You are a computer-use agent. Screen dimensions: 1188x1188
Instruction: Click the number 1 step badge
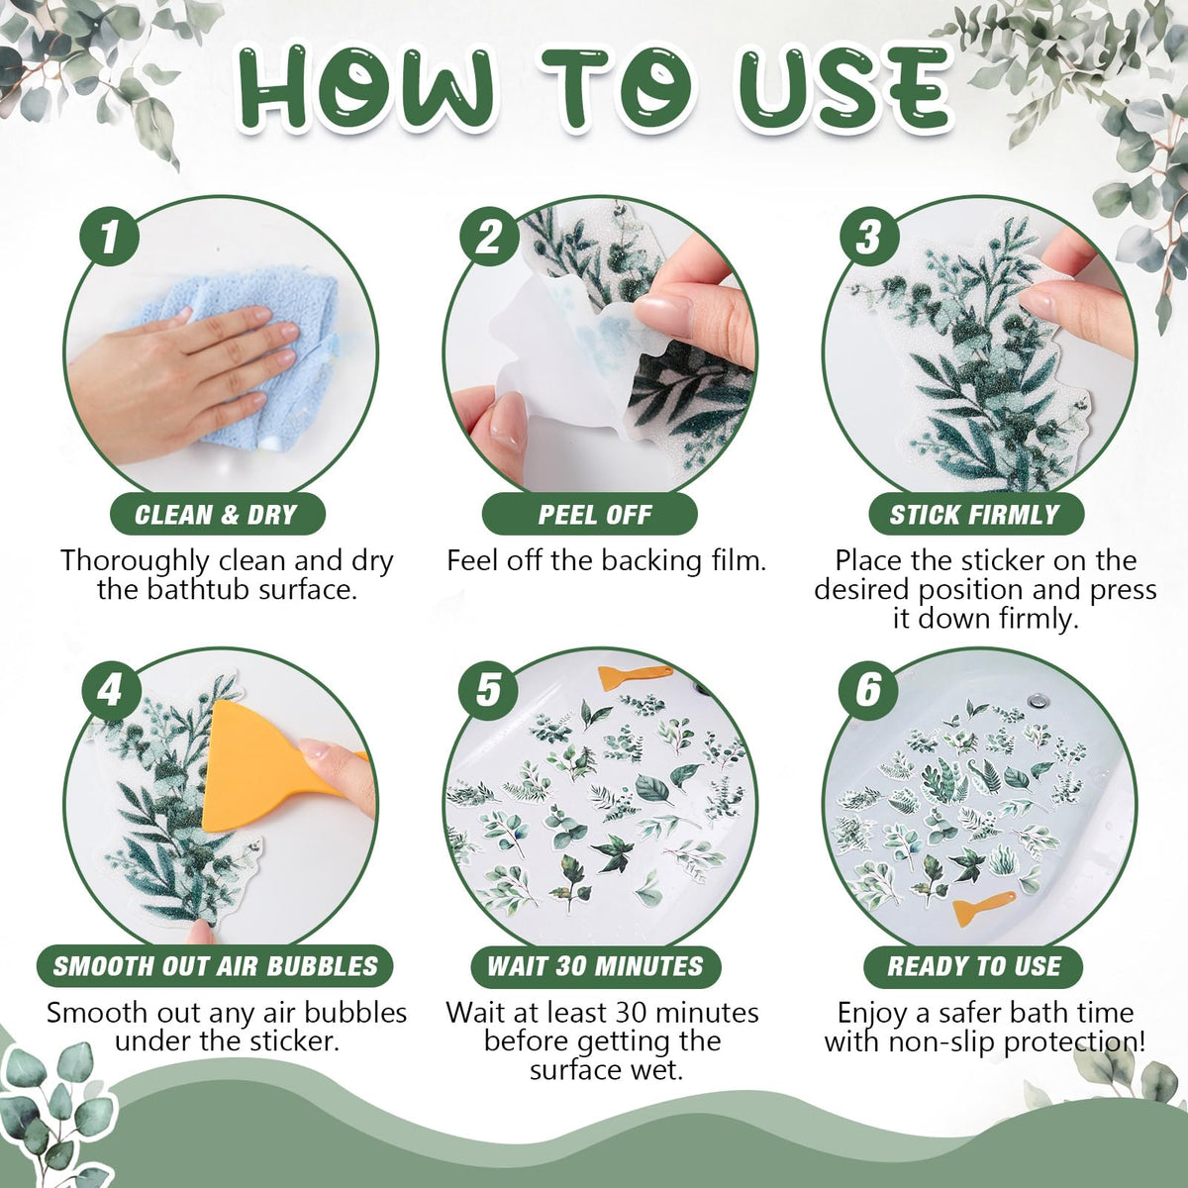pos(109,237)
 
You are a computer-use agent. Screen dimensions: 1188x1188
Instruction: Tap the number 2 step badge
pos(488,237)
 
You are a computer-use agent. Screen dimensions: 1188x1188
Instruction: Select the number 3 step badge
pos(868,237)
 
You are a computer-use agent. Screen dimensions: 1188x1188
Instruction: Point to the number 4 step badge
pos(109,689)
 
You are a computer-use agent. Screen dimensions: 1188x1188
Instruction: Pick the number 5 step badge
pos(488,689)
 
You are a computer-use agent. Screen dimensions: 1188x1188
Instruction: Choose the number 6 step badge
pos(868,689)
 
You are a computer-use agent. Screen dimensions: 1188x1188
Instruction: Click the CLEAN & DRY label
pos(217,514)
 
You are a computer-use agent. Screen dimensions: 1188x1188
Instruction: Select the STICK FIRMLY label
pos(975,514)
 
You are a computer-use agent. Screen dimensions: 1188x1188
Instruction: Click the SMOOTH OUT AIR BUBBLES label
pos(215,966)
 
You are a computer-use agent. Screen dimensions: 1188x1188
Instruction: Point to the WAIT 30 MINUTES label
pos(595,966)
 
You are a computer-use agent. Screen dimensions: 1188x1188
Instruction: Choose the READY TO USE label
pos(974,966)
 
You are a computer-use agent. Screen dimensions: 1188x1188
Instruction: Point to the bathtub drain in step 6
pos(1039,700)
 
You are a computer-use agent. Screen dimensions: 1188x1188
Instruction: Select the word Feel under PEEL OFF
pos(474,560)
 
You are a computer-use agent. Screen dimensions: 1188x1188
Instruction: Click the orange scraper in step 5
pos(632,677)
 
